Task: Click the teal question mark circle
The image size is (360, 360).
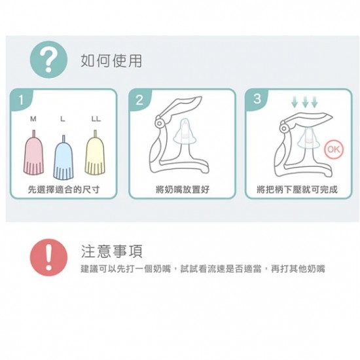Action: click(48, 60)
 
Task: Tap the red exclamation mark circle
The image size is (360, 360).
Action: click(48, 257)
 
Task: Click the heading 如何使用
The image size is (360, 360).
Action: click(111, 61)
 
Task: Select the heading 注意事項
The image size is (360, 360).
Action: click(112, 251)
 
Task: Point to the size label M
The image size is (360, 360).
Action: click(33, 118)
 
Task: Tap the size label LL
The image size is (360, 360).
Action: click(96, 118)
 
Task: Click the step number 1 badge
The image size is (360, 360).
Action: click(21, 100)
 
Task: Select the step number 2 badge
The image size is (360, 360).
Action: click(139, 100)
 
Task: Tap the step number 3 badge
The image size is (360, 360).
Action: click(257, 99)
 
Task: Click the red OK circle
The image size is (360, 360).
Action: click(334, 150)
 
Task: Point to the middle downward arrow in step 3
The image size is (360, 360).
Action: click(305, 102)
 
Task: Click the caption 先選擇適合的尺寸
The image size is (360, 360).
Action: click(64, 190)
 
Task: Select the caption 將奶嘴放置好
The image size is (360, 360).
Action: click(183, 190)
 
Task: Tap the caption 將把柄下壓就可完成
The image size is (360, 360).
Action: click(297, 190)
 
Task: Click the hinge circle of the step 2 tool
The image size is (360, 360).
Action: click(159, 123)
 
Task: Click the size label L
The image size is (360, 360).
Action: click(63, 118)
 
